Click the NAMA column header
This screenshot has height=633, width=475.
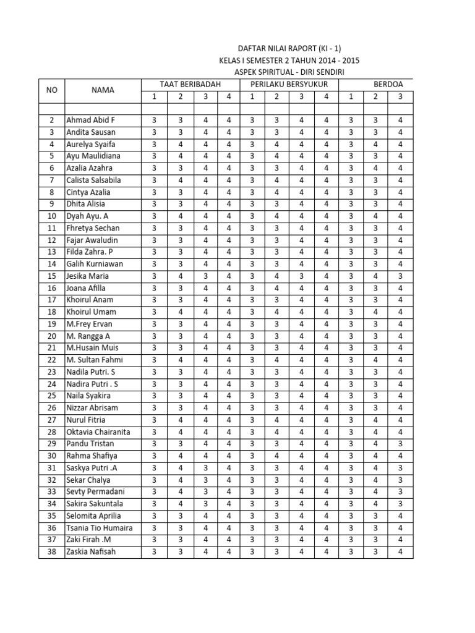coord(103,90)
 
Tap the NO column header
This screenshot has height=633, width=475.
coord(51,90)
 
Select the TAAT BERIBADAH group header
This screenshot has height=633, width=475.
coord(190,84)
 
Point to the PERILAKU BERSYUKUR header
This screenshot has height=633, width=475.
coord(289,84)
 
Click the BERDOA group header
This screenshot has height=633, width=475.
coord(388,84)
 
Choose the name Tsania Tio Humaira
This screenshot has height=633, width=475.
coord(100,528)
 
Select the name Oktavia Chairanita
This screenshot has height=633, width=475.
coord(98,432)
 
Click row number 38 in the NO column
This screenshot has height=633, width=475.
coord(51,552)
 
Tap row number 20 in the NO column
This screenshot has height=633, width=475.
coord(51,336)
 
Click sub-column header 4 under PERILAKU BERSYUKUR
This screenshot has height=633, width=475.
coord(326,96)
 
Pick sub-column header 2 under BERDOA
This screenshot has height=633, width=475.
coord(375,96)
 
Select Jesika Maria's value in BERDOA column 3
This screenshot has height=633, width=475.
coord(400,276)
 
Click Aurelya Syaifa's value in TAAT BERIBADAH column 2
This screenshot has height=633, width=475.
coord(179,144)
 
